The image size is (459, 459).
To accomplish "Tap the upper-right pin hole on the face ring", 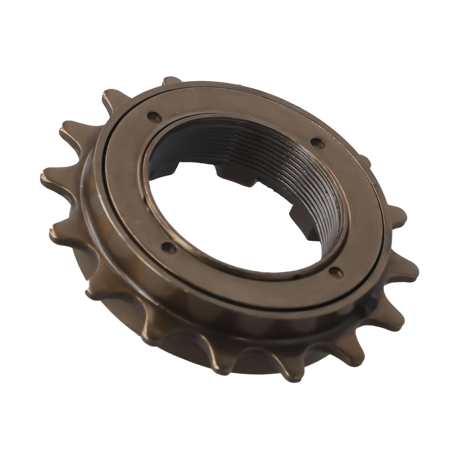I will pyautogui.click(x=315, y=141).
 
